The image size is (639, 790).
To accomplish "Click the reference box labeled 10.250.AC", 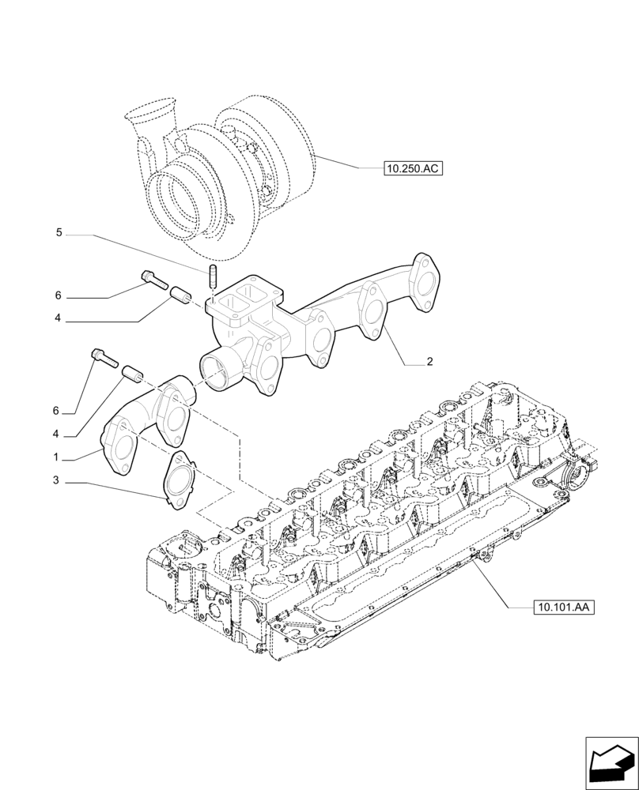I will [x=412, y=168].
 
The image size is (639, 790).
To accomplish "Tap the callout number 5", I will [x=59, y=233].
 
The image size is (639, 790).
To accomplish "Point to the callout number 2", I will [x=429, y=363].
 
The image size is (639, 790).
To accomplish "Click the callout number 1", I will [x=56, y=457].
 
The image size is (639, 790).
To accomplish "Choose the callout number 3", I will [x=56, y=480].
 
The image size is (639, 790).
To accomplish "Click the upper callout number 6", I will [x=58, y=295].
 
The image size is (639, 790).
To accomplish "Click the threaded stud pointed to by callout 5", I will [x=213, y=279].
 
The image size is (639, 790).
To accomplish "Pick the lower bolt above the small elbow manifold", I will [x=103, y=358].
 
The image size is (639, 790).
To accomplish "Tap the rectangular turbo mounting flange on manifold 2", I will [x=239, y=300].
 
